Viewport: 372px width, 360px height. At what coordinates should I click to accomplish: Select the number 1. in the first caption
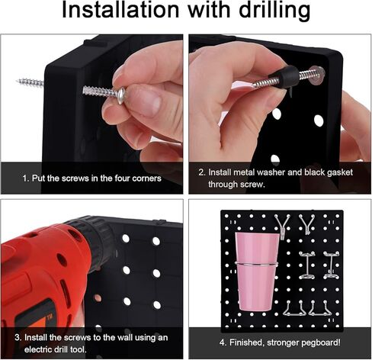[26, 178]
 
